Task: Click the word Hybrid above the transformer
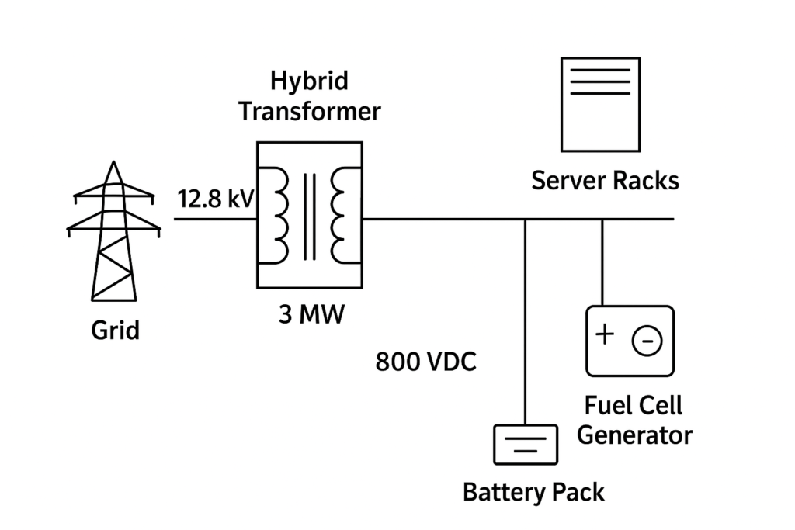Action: [309, 80]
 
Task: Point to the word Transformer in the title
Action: [309, 111]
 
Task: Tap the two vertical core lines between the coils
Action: [310, 217]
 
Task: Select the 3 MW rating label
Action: [309, 316]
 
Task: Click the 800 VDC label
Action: [425, 362]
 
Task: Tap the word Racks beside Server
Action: [646, 181]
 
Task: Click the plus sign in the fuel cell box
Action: [605, 334]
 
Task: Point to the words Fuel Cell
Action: [634, 405]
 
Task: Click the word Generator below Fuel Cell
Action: [634, 435]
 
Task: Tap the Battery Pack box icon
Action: [526, 445]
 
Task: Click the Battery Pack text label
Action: [533, 492]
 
